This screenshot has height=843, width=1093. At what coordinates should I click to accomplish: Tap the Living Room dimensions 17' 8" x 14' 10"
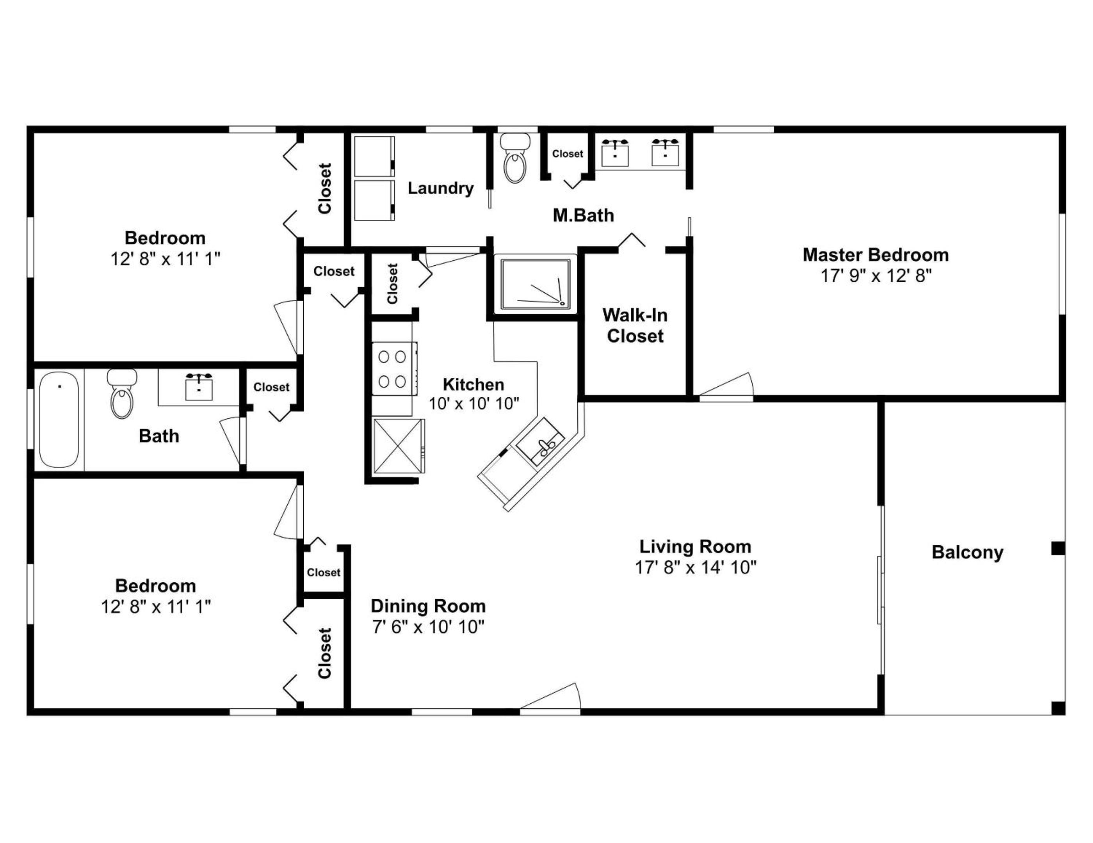[x=696, y=567]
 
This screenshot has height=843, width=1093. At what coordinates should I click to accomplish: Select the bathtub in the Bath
[x=59, y=419]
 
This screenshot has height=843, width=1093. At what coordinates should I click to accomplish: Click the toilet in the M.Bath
[x=515, y=158]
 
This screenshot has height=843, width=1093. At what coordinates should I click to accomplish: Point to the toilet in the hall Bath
[x=122, y=394]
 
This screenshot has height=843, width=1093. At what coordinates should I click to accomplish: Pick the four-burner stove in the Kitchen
[x=394, y=370]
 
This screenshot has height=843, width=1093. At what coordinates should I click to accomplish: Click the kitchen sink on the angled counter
[x=541, y=442]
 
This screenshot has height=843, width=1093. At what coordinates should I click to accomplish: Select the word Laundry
[x=440, y=188]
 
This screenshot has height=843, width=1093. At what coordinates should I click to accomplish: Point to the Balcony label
[x=967, y=552]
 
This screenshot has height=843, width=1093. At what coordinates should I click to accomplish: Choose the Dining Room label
[x=428, y=606]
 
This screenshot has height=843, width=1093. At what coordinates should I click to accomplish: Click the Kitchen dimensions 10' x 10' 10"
[x=474, y=403]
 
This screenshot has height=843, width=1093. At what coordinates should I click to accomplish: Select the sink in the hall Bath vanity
[x=199, y=386]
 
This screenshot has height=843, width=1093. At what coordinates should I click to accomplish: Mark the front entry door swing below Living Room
[x=550, y=696]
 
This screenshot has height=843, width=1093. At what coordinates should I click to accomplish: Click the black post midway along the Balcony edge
[x=1058, y=548]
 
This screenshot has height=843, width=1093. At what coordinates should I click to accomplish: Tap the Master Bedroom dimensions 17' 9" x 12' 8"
[x=876, y=276]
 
